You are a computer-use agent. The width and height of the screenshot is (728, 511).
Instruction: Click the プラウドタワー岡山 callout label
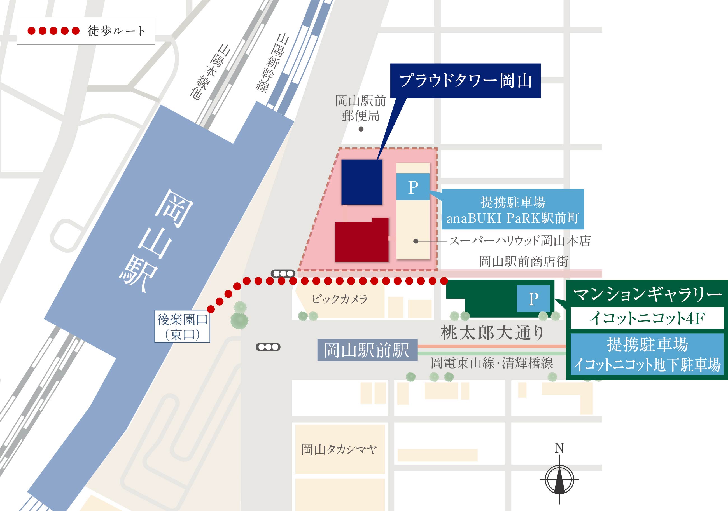click(x=465, y=81)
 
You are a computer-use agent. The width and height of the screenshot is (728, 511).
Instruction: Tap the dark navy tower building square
click(x=361, y=182)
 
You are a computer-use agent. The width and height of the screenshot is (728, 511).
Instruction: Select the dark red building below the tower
click(x=361, y=241)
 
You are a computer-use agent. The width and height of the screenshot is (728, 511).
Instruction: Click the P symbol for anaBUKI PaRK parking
click(x=413, y=187)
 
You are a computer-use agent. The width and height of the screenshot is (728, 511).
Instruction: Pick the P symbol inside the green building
click(x=533, y=299)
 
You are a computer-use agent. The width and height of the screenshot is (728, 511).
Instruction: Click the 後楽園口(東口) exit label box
click(x=182, y=326)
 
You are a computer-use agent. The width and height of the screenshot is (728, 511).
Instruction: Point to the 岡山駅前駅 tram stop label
click(x=367, y=350)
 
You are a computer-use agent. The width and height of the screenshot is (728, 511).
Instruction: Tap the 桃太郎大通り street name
click(x=493, y=333)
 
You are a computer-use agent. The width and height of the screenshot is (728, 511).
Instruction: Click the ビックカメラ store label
click(x=340, y=299)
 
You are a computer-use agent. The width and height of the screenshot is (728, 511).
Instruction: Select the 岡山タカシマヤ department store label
click(x=339, y=449)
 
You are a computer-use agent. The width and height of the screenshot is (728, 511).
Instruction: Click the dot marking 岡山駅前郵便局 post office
click(x=361, y=129)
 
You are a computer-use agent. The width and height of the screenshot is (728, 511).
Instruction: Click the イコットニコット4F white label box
click(x=647, y=318)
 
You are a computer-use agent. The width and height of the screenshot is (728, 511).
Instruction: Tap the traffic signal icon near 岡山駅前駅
click(x=268, y=347)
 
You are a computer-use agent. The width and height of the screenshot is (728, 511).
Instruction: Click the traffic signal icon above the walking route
click(x=283, y=274)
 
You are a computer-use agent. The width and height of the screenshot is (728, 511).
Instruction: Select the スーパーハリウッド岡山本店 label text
click(x=520, y=241)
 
